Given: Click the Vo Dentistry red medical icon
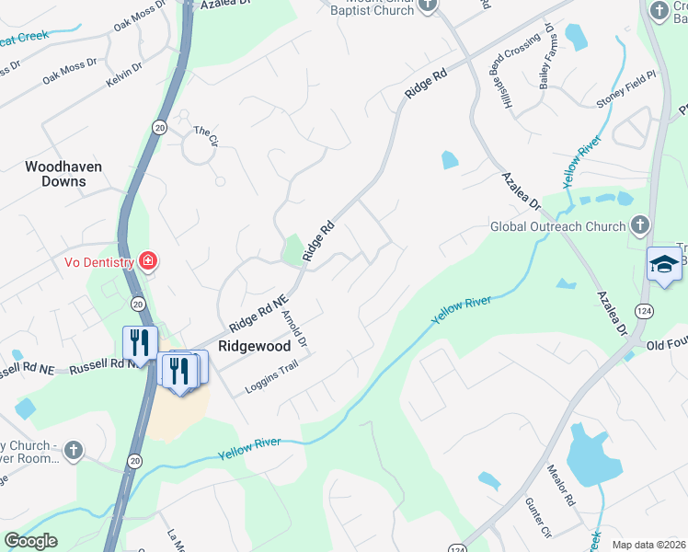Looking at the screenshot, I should pyautogui.click(x=146, y=262).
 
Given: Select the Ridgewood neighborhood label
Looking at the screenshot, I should pyautogui.click(x=255, y=346).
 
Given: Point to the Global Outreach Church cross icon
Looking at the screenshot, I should pyautogui.click(x=641, y=225).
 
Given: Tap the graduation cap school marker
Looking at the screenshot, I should pyautogui.click(x=664, y=266).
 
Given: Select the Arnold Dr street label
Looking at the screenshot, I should pyautogui.click(x=294, y=330).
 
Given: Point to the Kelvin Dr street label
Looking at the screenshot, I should pyautogui.click(x=124, y=74).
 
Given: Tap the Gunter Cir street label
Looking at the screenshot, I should pyautogui.click(x=537, y=520).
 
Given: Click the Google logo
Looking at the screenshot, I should pyautogui.click(x=30, y=541).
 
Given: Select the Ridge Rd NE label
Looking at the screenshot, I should pyautogui.click(x=258, y=313).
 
